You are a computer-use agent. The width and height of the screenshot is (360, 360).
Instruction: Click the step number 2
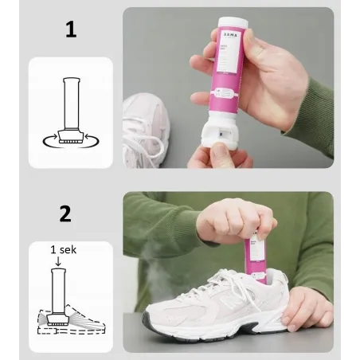(x=65, y=213)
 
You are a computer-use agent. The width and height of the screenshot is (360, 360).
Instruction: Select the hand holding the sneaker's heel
(x=307, y=307)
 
